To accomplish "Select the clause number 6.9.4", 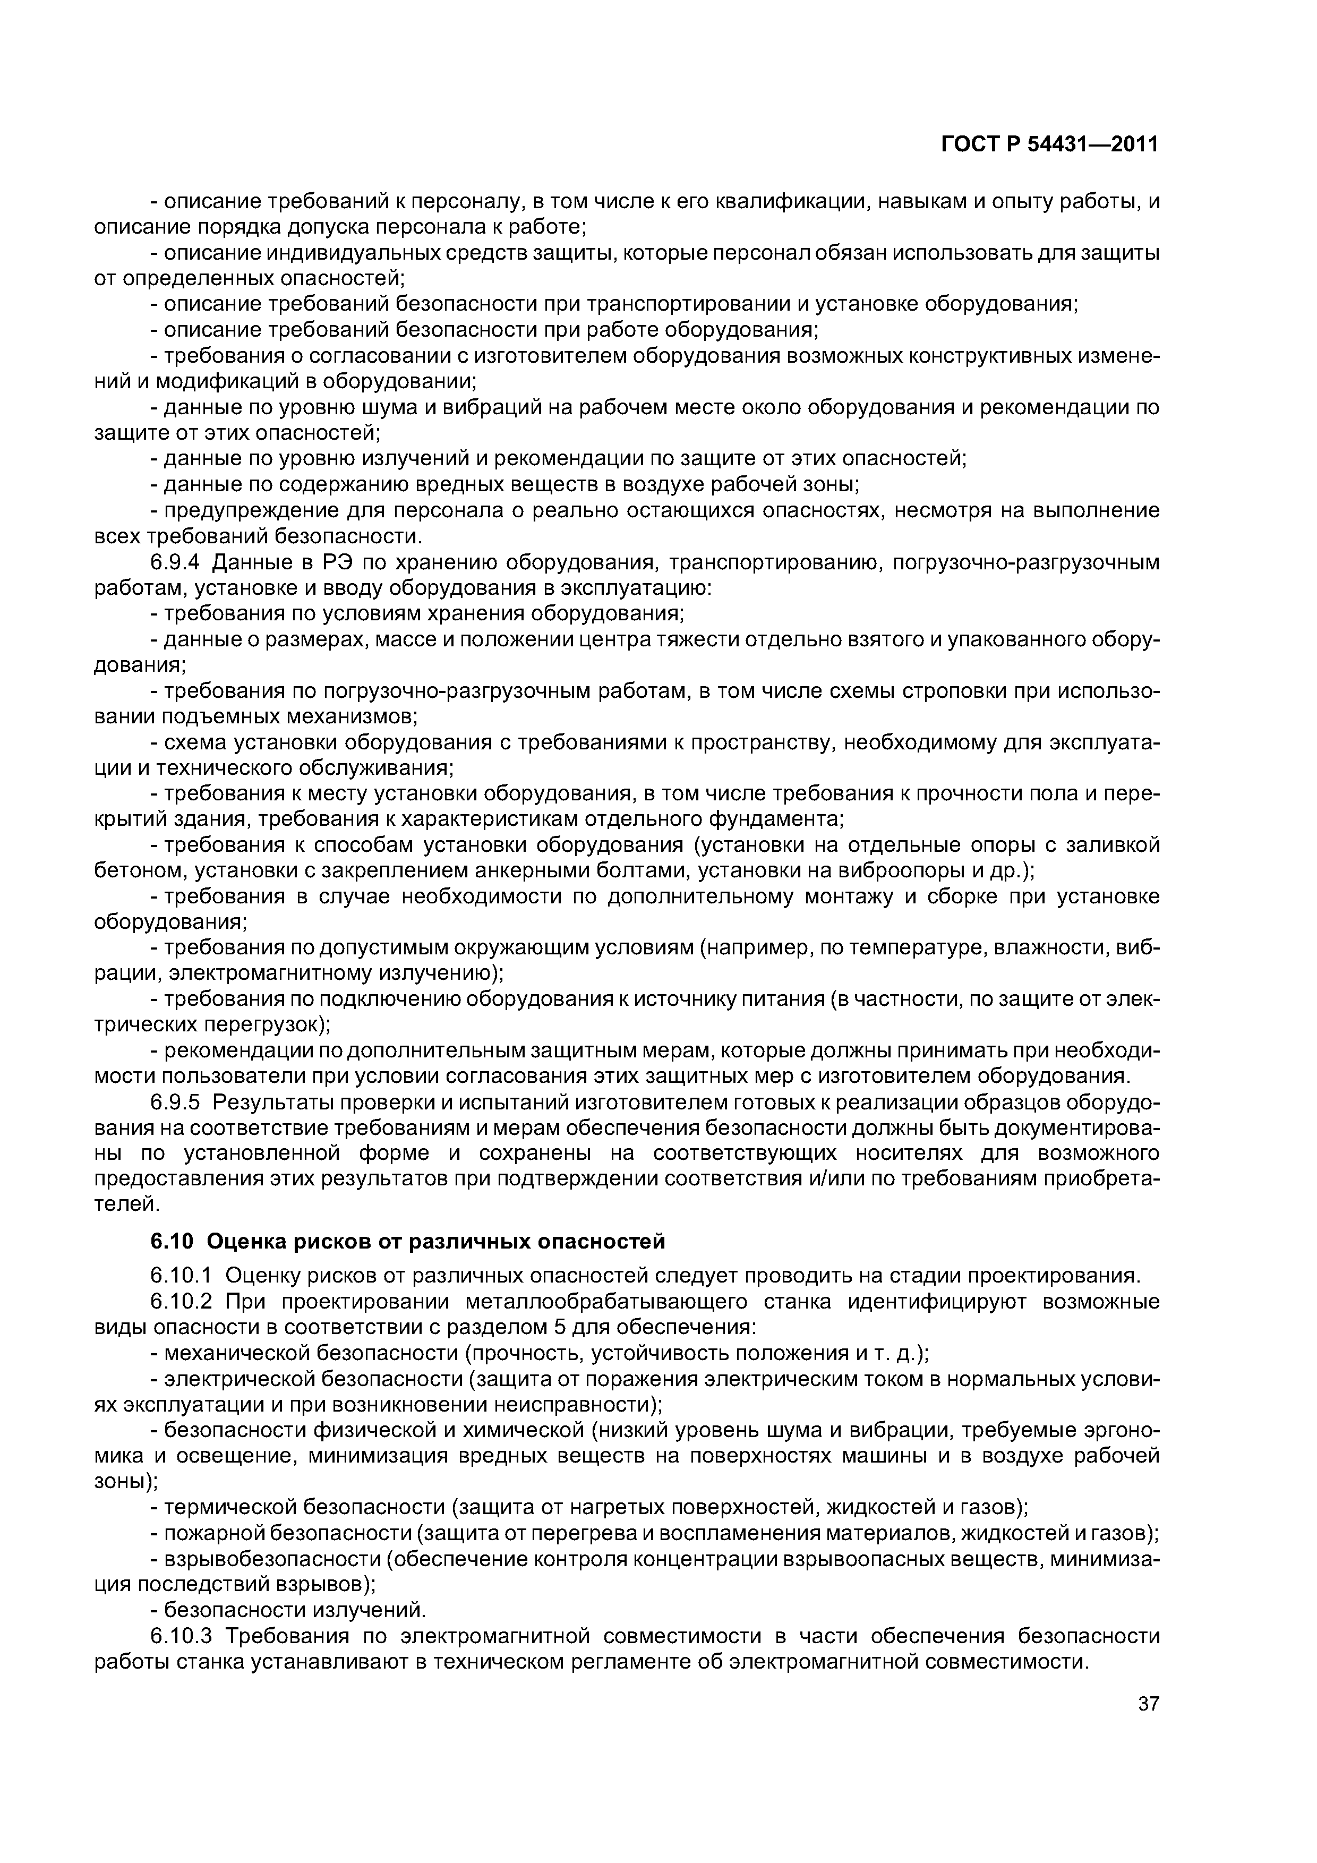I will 180,562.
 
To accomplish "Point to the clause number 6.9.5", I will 180,1102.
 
